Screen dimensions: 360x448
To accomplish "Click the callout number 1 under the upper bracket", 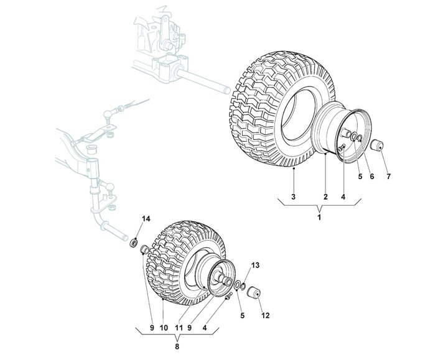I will (x=319, y=218).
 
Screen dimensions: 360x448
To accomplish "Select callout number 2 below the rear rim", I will (x=325, y=196).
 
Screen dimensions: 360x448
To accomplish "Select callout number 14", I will (x=146, y=218).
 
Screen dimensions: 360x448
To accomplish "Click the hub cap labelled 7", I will (x=376, y=145).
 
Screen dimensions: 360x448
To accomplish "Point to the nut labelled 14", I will (x=133, y=241).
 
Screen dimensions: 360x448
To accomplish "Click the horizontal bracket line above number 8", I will (x=177, y=335).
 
